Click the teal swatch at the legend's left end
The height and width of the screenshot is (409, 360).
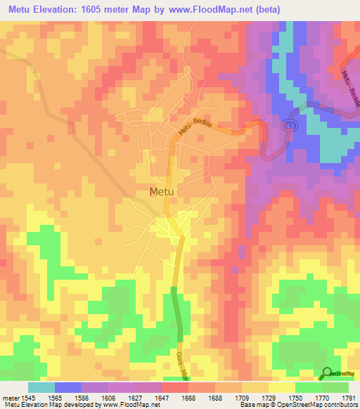tap(41, 387)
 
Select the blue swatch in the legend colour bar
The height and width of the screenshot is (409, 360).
tap(68, 387)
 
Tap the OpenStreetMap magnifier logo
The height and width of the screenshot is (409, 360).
tap(327, 373)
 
